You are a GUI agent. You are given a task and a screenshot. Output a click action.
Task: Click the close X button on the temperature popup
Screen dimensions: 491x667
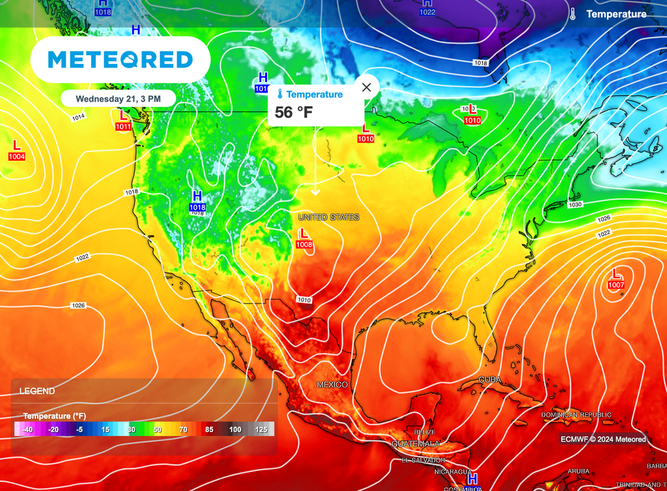click(366, 87)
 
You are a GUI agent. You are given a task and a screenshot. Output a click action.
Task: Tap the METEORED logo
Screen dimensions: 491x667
click(121, 60)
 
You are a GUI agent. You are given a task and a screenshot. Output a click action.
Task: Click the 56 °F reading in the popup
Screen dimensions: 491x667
click(294, 112)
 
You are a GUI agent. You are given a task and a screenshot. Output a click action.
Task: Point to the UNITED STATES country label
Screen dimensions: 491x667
click(328, 217)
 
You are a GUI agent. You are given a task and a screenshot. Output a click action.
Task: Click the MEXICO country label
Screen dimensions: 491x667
click(332, 385)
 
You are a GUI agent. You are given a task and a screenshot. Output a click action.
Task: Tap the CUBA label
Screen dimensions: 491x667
click(490, 379)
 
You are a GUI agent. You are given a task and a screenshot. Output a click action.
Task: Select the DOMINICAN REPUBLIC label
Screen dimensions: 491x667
click(576, 415)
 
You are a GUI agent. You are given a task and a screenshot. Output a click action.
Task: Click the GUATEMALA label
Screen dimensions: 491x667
click(416, 443)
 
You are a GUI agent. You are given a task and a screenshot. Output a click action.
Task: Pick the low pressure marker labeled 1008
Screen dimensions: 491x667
click(304, 238)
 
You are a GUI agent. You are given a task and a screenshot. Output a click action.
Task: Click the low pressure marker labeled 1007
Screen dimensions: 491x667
click(616, 279)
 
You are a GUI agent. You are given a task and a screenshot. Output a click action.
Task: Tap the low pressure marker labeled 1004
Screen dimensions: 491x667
click(17, 150)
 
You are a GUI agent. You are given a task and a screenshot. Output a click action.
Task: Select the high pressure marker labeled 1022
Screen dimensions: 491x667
click(427, 7)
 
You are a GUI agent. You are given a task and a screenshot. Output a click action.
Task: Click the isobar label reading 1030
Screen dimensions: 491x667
click(574, 204)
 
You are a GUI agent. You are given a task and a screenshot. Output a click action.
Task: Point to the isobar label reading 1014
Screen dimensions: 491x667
click(78, 117)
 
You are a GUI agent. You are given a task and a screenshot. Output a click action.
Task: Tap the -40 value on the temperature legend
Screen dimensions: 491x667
click(27, 430)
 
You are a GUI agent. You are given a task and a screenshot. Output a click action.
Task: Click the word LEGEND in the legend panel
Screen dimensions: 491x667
click(37, 391)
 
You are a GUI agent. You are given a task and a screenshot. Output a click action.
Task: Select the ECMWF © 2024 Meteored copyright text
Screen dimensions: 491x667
click(603, 439)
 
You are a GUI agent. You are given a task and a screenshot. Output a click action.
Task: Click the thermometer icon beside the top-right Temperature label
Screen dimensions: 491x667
click(572, 14)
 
